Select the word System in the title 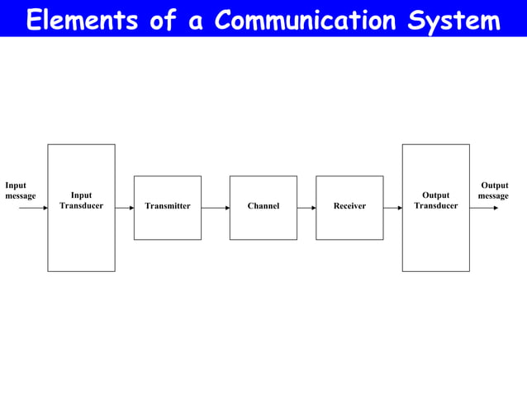pyautogui.click(x=454, y=20)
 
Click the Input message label pyautogui.click(x=20, y=190)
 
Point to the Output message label pyautogui.click(x=494, y=190)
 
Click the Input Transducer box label pyautogui.click(x=81, y=200)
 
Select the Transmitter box pyautogui.click(x=168, y=207)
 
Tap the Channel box pyautogui.click(x=263, y=207)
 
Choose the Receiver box pyautogui.click(x=349, y=207)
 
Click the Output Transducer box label pyautogui.click(x=435, y=200)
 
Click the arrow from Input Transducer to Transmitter pyautogui.click(x=125, y=208)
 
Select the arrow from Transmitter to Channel pyautogui.click(x=216, y=208)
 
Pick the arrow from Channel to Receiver pyautogui.click(x=306, y=208)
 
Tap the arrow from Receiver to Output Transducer pyautogui.click(x=392, y=208)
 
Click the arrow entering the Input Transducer pyautogui.click(x=33, y=208)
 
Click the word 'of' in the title pyautogui.click(x=163, y=20)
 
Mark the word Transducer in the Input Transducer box pyautogui.click(x=81, y=205)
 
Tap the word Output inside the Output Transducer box pyautogui.click(x=435, y=195)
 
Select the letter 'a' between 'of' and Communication pyautogui.click(x=196, y=21)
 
